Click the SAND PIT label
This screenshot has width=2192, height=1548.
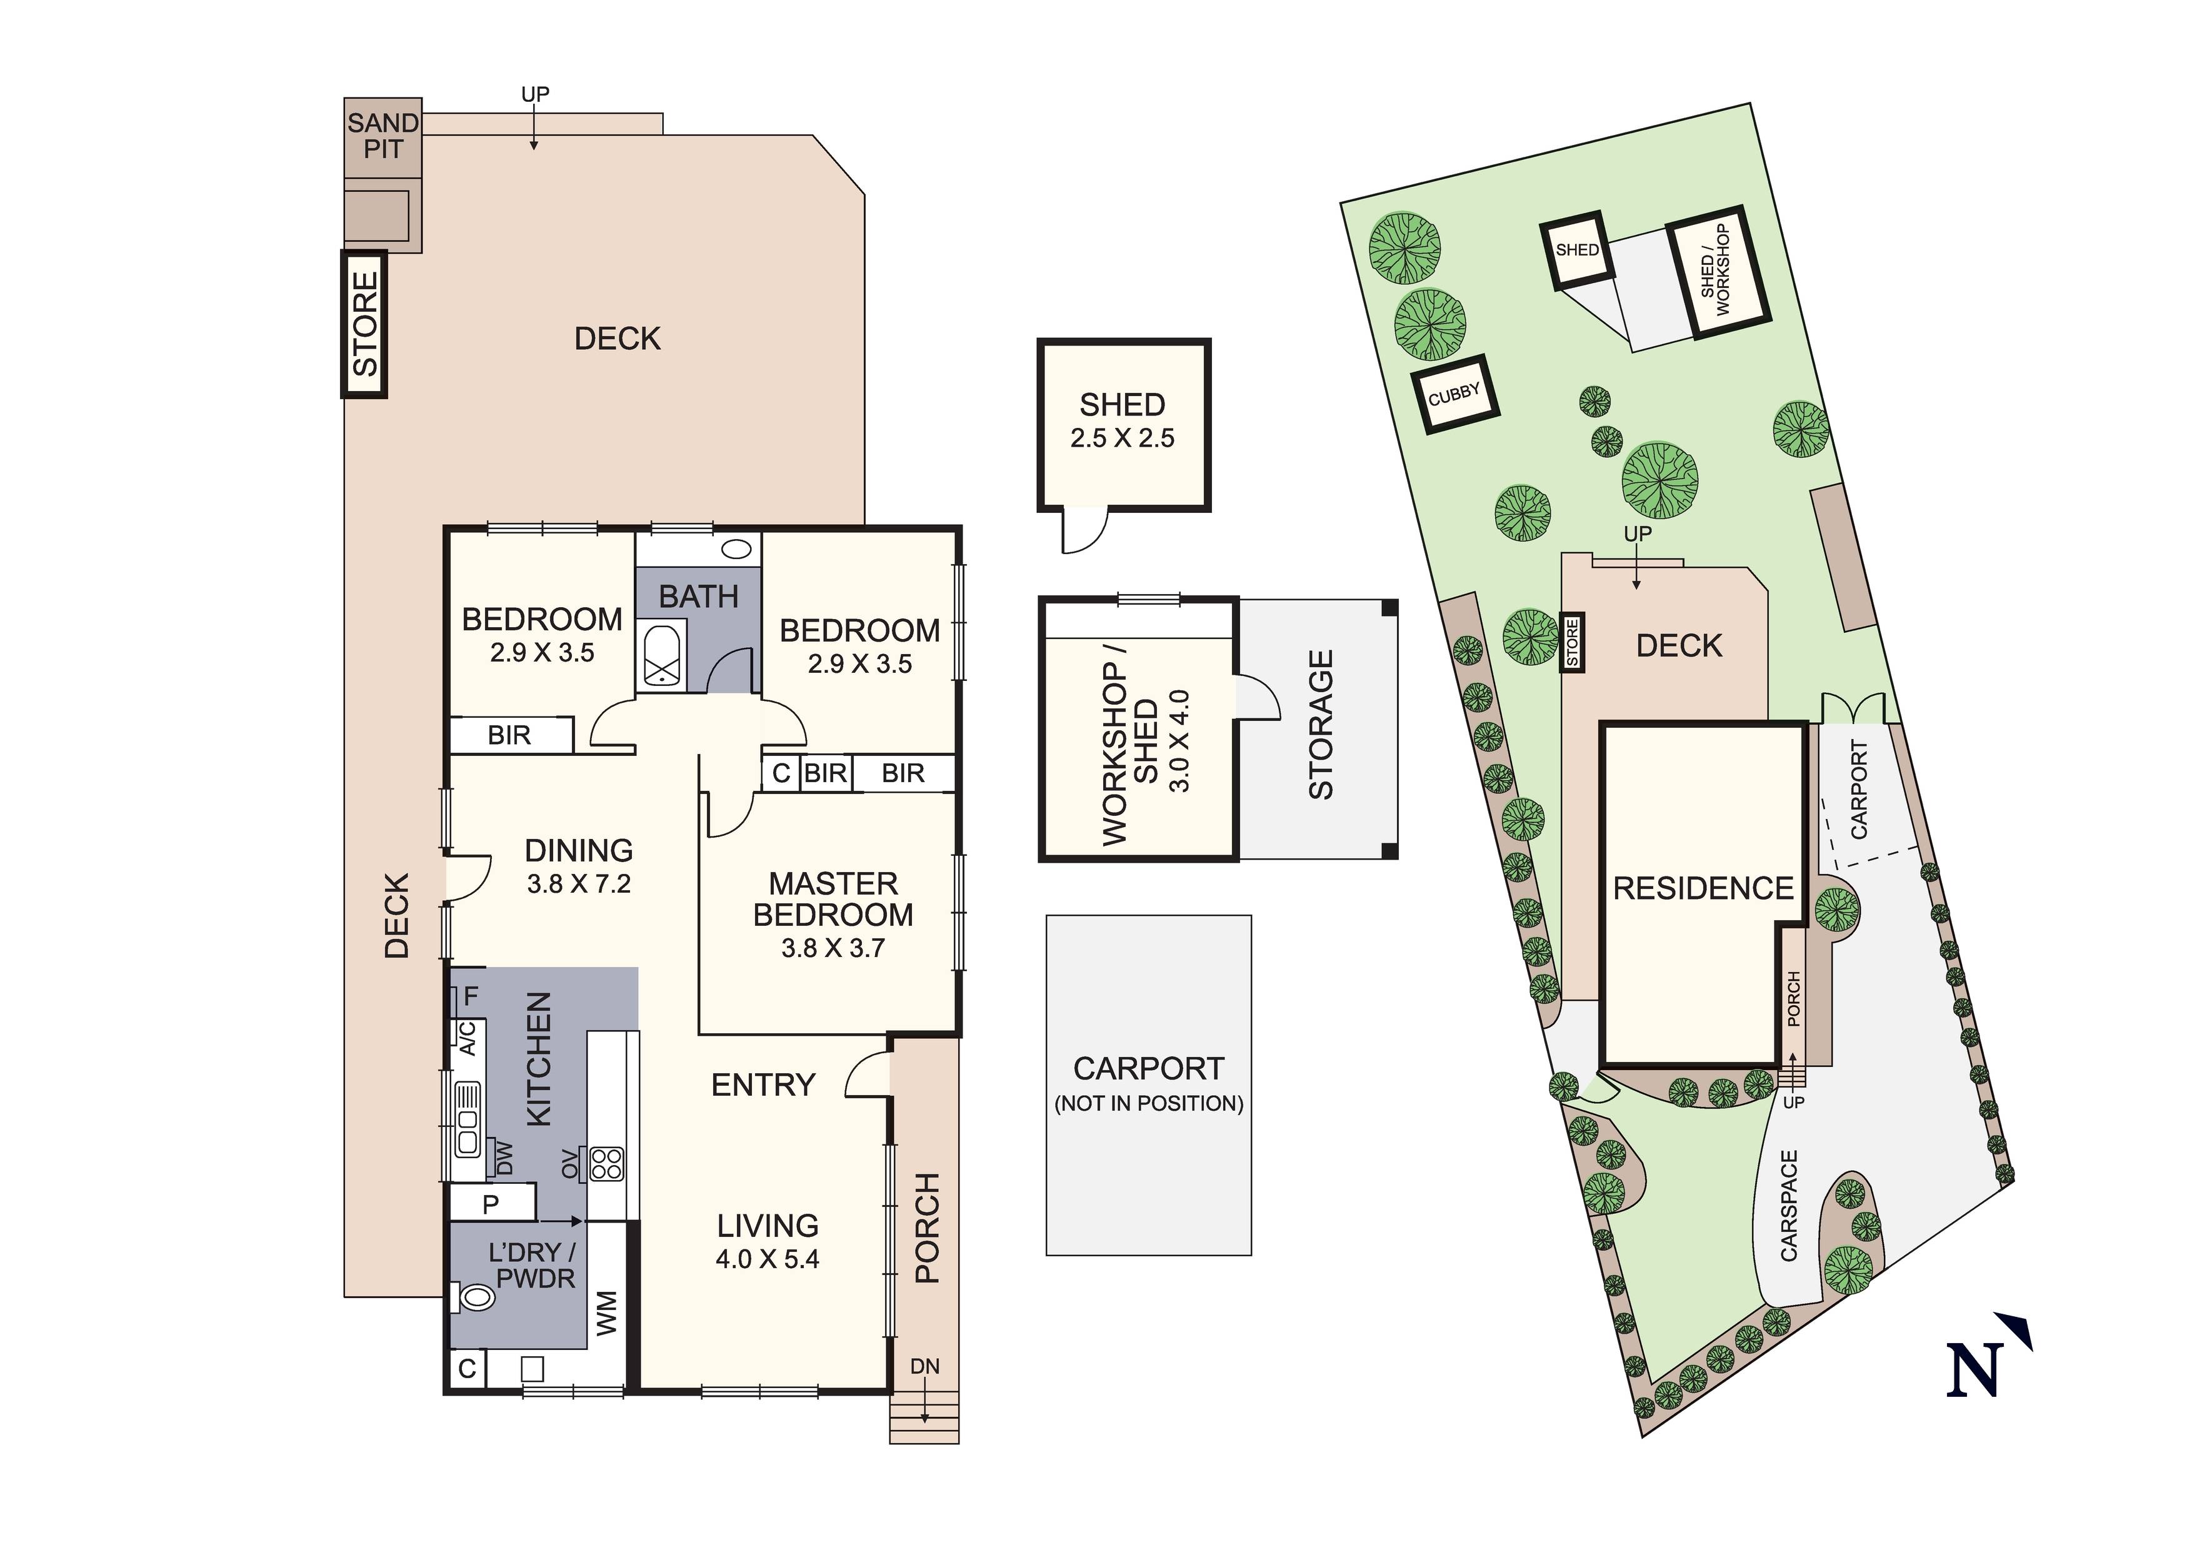coord(383,136)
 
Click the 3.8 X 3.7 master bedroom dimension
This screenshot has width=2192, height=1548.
coord(833,948)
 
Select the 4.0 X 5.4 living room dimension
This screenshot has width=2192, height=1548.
coord(767,1259)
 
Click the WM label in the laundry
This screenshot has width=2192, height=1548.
coord(607,1312)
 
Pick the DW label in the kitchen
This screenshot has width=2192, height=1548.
coord(504,1159)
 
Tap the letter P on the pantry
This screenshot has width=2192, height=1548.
coord(491,1204)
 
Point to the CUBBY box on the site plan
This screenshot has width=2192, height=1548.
coord(1454,394)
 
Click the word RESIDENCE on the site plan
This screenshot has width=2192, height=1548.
coord(1703,888)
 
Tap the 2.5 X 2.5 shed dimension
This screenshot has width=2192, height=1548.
coord(1122,438)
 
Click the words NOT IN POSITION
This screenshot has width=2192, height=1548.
coord(1149,1103)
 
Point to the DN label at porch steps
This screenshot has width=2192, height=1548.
coord(924,1367)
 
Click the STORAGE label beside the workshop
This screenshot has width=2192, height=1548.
coord(1320,725)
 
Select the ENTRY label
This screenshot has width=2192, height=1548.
coord(763,1084)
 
